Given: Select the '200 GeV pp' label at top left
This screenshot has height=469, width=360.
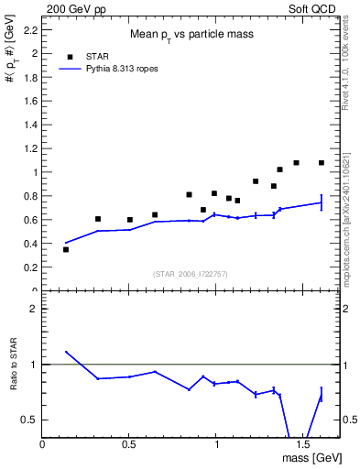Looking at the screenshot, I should pyautogui.click(x=71, y=7).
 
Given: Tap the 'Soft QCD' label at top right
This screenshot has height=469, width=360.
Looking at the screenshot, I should pyautogui.click(x=313, y=7).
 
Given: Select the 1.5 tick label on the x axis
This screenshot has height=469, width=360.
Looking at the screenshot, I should pyautogui.click(x=302, y=443).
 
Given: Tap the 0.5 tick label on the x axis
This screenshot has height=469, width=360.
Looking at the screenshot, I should pyautogui.click(x=129, y=443).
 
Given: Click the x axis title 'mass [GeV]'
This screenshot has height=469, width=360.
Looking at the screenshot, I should pyautogui.click(x=311, y=457).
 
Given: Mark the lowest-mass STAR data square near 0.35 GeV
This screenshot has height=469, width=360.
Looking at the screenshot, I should pyautogui.click(x=66, y=249).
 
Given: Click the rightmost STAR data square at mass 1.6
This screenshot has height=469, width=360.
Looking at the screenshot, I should pyautogui.click(x=322, y=163).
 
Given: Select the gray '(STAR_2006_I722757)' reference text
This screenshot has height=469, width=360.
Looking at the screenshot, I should pyautogui.click(x=191, y=274).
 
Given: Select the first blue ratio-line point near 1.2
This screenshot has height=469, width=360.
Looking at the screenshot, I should pyautogui.click(x=66, y=352).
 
